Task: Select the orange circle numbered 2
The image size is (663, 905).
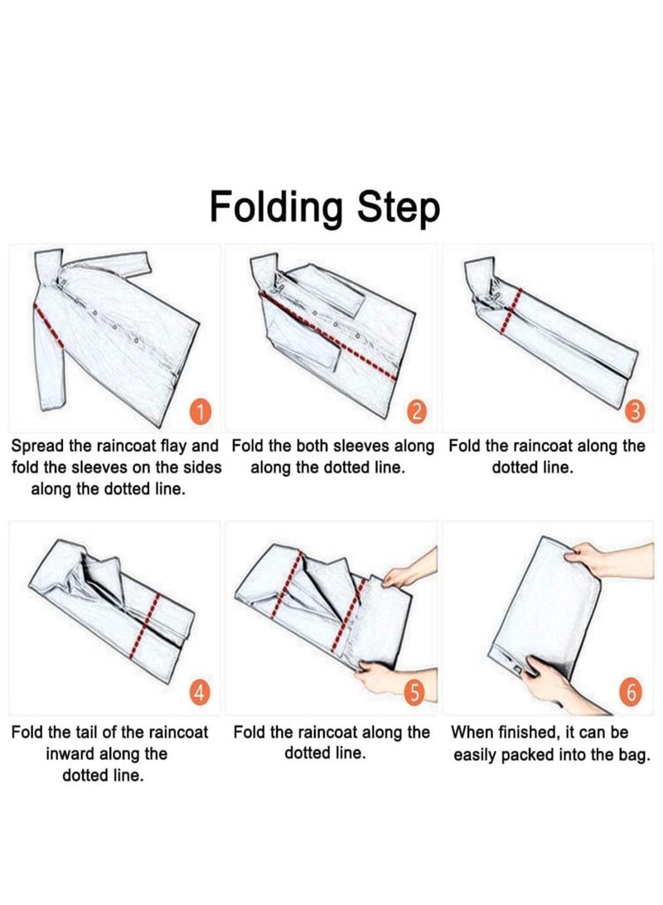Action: pyautogui.click(x=416, y=412)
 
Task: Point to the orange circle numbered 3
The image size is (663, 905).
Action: pyautogui.click(x=633, y=412)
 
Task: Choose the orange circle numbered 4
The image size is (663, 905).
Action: pyautogui.click(x=199, y=692)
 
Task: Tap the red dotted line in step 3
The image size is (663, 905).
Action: pyautogui.click(x=510, y=311)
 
